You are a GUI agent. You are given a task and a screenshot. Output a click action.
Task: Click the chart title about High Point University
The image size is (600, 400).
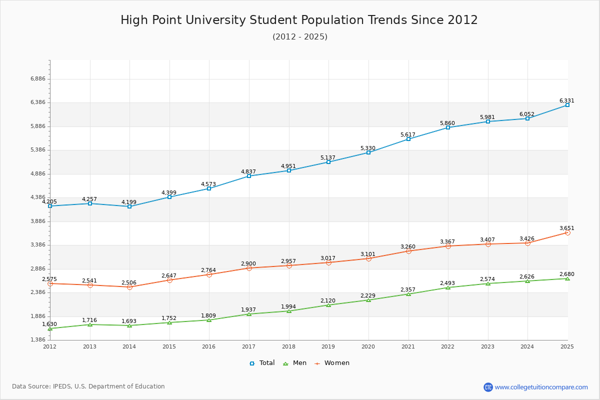pyautogui.click(x=299, y=20)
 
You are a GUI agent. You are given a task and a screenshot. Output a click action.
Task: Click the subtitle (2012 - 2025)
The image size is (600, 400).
pyautogui.click(x=300, y=37)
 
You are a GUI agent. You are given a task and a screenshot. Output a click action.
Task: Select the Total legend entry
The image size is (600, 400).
pyautogui.click(x=262, y=363)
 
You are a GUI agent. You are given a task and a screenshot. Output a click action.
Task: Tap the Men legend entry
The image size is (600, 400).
pyautogui.click(x=295, y=363)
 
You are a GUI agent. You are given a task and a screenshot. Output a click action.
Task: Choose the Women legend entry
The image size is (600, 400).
pyautogui.click(x=332, y=363)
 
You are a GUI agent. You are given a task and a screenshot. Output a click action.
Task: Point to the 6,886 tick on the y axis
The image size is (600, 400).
pyautogui.click(x=38, y=79)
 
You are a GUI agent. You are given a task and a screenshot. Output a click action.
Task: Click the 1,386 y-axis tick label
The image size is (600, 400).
pyautogui.click(x=38, y=340)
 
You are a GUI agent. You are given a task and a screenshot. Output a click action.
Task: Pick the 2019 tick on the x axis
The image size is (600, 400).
pyautogui.click(x=328, y=346)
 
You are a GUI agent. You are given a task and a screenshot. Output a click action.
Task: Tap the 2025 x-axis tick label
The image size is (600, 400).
pyautogui.click(x=567, y=346)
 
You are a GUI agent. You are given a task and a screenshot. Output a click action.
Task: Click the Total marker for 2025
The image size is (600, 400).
pyautogui.click(x=567, y=105)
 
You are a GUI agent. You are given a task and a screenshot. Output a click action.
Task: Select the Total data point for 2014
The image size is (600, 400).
pyautogui.click(x=129, y=206)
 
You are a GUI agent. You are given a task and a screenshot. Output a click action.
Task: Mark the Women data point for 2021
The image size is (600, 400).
pyautogui.click(x=408, y=251)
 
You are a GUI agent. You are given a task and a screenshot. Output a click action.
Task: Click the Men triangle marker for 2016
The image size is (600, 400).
pyautogui.click(x=209, y=320)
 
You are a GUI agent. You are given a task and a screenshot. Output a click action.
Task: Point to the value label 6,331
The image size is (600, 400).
pyautogui.click(x=566, y=101)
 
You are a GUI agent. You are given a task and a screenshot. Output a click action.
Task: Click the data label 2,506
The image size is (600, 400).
pyautogui.click(x=129, y=283)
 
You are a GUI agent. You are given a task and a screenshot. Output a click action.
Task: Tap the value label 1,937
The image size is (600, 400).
pyautogui.click(x=248, y=310)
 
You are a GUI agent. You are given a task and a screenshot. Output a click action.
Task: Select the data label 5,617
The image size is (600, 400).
pyautogui.click(x=408, y=135)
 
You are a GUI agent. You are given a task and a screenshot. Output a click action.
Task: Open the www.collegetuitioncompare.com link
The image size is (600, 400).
pyautogui.click(x=541, y=387)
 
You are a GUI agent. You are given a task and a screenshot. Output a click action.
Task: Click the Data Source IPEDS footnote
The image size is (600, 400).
pyautogui.click(x=88, y=386)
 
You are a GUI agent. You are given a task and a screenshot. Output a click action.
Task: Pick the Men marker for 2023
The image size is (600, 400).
pyautogui.click(x=488, y=283)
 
